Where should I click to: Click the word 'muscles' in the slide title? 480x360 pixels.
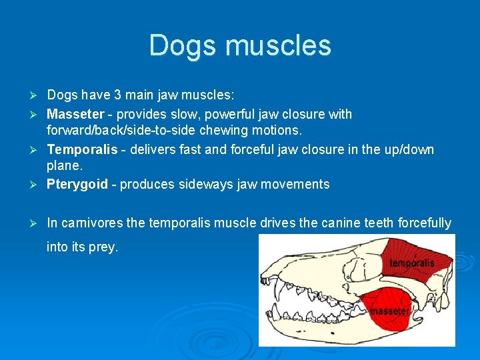pyautogui.click(x=279, y=46)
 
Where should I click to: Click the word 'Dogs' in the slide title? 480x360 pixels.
pyautogui.click(x=183, y=46)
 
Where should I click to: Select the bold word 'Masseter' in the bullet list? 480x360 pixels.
pyautogui.click(x=75, y=114)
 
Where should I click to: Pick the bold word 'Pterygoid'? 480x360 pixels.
pyautogui.click(x=77, y=184)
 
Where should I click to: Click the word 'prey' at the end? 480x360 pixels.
pyautogui.click(x=103, y=247)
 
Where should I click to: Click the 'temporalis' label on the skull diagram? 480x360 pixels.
pyautogui.click(x=411, y=263)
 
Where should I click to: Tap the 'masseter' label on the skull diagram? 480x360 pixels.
pyautogui.click(x=390, y=311)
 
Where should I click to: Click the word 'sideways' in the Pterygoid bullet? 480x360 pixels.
pyautogui.click(x=204, y=184)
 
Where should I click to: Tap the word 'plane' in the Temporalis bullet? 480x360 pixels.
pyautogui.click(x=62, y=165)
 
